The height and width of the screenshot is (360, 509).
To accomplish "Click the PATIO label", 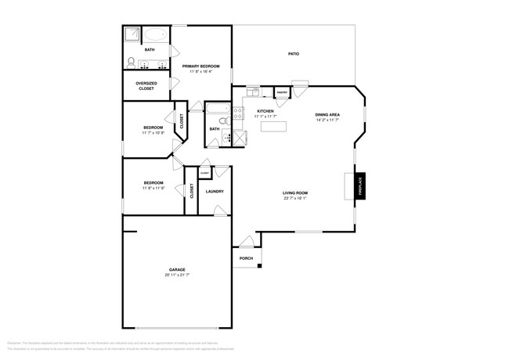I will click(x=294, y=54).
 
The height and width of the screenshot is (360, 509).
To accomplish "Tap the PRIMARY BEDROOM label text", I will click(x=200, y=67).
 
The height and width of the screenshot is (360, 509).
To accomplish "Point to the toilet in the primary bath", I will click(x=132, y=63).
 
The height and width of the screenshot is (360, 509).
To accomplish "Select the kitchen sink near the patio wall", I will click(x=252, y=92).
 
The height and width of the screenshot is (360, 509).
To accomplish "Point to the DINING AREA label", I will click(x=328, y=115).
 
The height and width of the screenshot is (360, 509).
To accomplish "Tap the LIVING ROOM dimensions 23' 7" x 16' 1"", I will click(x=295, y=198).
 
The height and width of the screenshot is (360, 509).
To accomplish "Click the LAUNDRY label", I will click(x=215, y=191).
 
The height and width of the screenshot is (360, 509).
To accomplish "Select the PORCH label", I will click(x=245, y=258).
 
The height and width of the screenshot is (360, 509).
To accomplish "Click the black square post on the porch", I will click(x=260, y=268).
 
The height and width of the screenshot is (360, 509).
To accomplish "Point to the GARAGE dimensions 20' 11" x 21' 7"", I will click(x=177, y=275).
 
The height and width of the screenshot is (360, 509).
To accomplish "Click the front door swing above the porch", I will click(x=247, y=240).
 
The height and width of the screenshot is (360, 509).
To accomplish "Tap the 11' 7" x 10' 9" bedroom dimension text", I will click(x=153, y=133).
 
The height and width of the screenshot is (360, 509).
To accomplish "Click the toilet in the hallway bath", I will click(x=222, y=121).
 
